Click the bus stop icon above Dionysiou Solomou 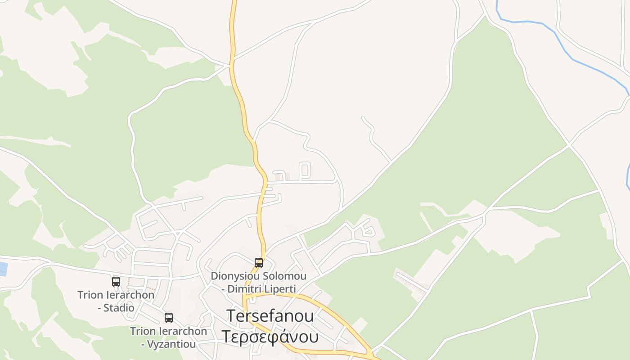tap(259, 262)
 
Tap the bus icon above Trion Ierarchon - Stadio tap(116, 282)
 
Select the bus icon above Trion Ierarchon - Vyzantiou tap(169, 317)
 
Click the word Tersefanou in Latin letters tap(270, 316)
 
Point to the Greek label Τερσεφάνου tap(270, 336)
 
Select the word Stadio tap(119, 308)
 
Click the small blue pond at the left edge tap(3, 269)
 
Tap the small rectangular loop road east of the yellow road tap(305, 170)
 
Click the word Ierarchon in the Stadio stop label tap(129, 295)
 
